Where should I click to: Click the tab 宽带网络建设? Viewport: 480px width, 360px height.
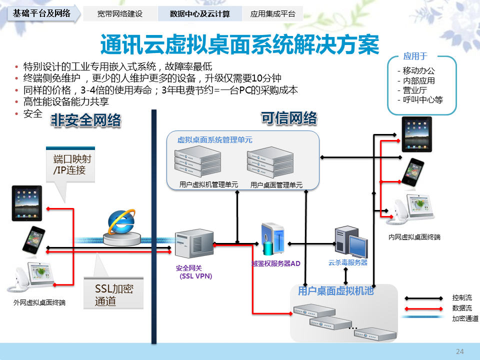[119, 14]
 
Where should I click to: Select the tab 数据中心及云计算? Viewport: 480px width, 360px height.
[199, 14]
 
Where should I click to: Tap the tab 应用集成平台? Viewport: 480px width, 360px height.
[272, 14]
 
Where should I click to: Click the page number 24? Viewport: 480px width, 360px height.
[460, 352]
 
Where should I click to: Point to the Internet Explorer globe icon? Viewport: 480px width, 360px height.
[121, 223]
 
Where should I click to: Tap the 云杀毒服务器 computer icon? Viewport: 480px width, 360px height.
[351, 241]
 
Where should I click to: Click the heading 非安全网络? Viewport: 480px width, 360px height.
[85, 120]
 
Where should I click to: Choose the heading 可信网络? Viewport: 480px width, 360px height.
[289, 118]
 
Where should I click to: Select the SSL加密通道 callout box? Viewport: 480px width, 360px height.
[114, 294]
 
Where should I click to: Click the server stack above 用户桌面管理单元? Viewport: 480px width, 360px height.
[268, 162]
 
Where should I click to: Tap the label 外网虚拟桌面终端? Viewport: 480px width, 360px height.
[39, 302]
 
